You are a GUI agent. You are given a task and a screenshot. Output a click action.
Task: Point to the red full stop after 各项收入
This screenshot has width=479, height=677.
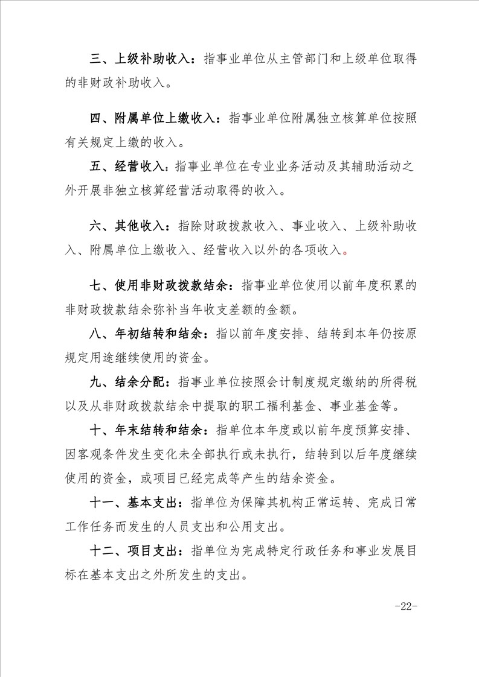pyautogui.click(x=345, y=252)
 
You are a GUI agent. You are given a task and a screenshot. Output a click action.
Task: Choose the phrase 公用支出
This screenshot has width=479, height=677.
pyautogui.click(x=256, y=526)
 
